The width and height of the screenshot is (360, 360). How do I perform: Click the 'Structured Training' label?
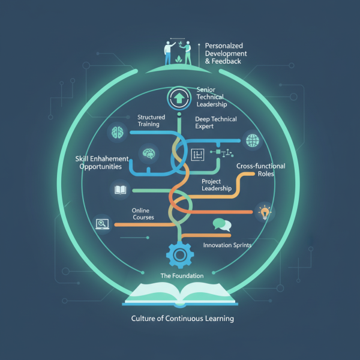click(148, 121)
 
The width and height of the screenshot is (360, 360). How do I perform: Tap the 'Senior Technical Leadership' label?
click(210, 97)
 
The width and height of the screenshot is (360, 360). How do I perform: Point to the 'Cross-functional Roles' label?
click(261, 170)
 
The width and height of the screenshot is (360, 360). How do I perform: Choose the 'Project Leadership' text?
click(216, 185)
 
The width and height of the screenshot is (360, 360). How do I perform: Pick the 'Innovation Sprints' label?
click(227, 245)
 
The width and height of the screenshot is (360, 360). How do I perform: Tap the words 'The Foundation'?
click(182, 275)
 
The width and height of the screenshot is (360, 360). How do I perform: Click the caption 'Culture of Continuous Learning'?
click(182, 319)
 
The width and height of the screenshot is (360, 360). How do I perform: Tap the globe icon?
click(251, 142)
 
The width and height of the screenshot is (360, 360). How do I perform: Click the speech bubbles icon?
click(222, 225)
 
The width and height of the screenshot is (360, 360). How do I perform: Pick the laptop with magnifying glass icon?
click(101, 225)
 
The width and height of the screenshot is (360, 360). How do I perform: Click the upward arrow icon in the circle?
click(178, 98)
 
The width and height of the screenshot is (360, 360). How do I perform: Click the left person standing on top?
click(168, 52)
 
